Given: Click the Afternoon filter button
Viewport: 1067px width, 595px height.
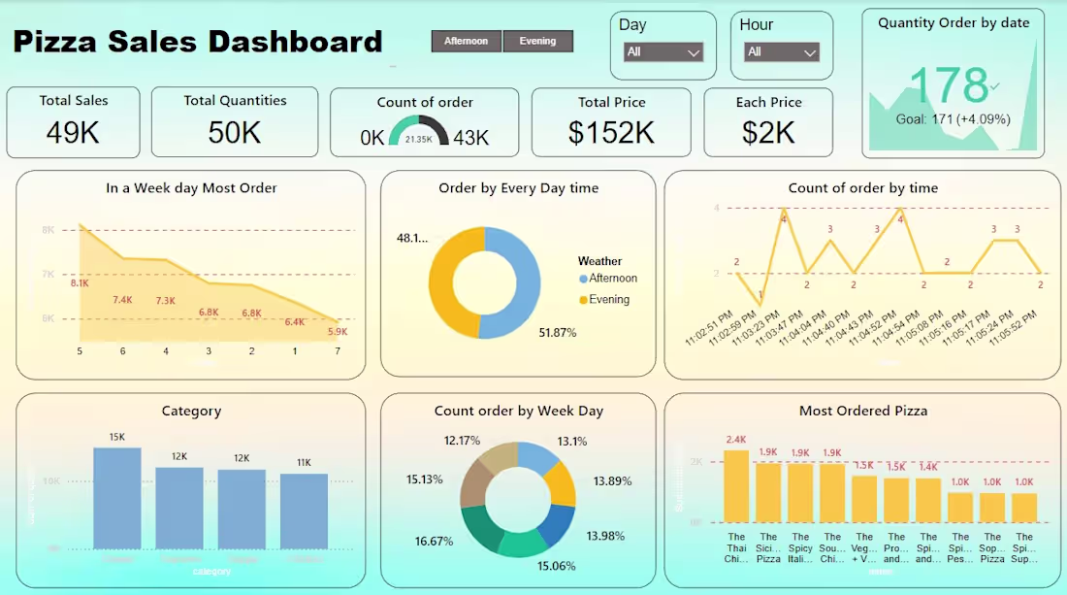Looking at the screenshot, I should (466, 41).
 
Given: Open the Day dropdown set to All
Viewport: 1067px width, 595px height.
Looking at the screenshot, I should (663, 52).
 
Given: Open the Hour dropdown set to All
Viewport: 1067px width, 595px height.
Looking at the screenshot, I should (783, 52).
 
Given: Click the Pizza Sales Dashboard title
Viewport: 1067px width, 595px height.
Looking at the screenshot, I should (197, 42).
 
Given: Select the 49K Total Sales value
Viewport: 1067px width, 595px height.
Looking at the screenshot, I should (74, 133).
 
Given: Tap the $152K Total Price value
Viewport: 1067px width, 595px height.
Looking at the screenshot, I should (611, 133).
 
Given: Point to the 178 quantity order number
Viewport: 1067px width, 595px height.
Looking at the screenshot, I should (948, 85).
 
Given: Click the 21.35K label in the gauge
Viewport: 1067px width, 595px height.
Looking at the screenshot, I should (418, 140).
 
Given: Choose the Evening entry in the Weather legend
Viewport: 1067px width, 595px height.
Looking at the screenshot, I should (608, 300).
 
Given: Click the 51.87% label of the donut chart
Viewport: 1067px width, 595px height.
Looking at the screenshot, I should (558, 333).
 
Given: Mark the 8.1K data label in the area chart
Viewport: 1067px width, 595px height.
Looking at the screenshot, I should (80, 283).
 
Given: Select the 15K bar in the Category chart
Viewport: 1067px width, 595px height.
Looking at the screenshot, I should (117, 498).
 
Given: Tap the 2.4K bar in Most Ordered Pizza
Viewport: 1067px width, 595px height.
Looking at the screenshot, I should (736, 486).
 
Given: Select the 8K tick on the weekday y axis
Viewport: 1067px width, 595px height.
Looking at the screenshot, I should (48, 230).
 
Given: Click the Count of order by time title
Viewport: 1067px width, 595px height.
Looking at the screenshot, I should (862, 188).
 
